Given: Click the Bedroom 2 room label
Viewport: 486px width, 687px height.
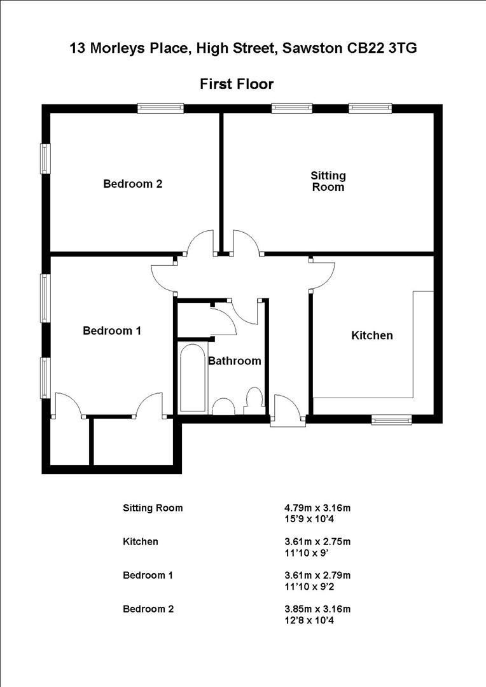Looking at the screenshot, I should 133,184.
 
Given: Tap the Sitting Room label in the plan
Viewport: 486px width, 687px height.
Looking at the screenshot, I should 328,181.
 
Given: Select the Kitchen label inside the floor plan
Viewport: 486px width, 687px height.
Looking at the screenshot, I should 372,335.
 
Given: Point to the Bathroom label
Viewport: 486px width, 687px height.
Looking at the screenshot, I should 235,361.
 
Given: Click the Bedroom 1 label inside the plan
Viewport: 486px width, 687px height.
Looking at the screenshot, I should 112,331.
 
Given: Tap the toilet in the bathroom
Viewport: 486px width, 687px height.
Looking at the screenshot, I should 253,401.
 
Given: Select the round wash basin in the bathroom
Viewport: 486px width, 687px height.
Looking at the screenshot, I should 223,406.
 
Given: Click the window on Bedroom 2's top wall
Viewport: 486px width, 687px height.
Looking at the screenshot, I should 161,109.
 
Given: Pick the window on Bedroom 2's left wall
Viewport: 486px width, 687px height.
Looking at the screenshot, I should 45,158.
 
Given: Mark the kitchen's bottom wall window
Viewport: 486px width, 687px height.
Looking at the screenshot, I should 391,419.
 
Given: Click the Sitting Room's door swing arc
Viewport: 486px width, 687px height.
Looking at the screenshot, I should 246,242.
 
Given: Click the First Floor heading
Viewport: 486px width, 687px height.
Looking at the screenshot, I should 237,83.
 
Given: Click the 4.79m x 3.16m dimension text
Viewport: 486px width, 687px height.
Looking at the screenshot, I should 317,508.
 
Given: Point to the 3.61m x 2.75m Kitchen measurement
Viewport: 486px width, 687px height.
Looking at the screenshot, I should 317,542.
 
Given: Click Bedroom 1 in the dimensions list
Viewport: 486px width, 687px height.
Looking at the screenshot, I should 148,576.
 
